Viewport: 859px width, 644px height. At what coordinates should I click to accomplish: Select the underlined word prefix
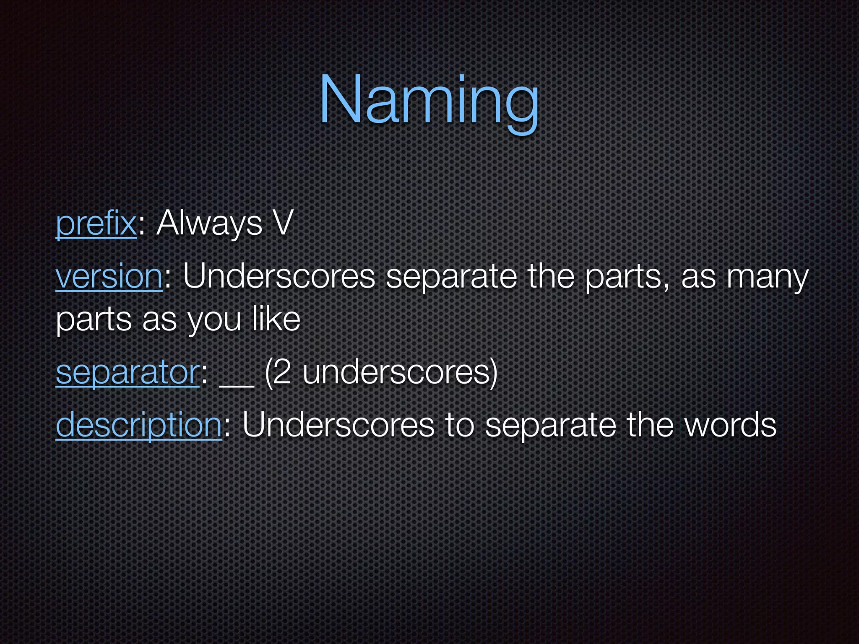click(96, 224)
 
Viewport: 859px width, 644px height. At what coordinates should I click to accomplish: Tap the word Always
click(209, 224)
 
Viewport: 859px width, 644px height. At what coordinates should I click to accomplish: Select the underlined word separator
click(128, 373)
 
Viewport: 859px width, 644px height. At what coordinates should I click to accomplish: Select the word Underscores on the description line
click(338, 425)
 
